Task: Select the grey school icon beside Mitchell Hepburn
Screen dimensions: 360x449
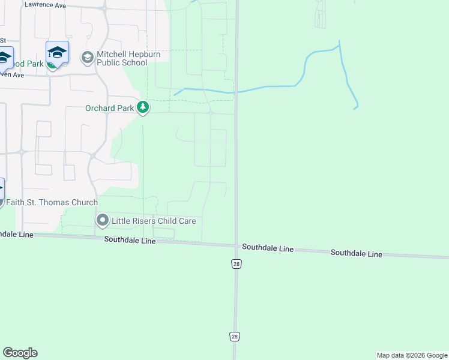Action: (x=87, y=58)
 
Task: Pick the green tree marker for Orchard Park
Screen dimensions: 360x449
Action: (x=143, y=108)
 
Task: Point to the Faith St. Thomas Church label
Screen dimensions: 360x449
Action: (x=52, y=202)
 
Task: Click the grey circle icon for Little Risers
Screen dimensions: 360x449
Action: (x=103, y=221)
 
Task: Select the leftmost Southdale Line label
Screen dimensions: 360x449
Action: (x=130, y=240)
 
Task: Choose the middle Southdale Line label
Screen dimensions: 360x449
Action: (x=268, y=247)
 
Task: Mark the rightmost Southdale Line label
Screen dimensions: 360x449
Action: (x=356, y=254)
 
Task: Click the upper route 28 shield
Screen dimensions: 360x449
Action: (x=237, y=264)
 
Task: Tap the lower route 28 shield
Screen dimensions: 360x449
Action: (x=235, y=337)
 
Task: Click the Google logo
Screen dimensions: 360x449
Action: (x=20, y=353)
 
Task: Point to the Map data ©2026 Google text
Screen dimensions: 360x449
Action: (x=412, y=355)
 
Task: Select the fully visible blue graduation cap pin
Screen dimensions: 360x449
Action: (x=57, y=52)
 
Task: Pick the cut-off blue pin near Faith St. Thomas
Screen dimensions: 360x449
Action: (x=1, y=188)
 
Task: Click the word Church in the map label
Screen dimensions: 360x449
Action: (x=84, y=202)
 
